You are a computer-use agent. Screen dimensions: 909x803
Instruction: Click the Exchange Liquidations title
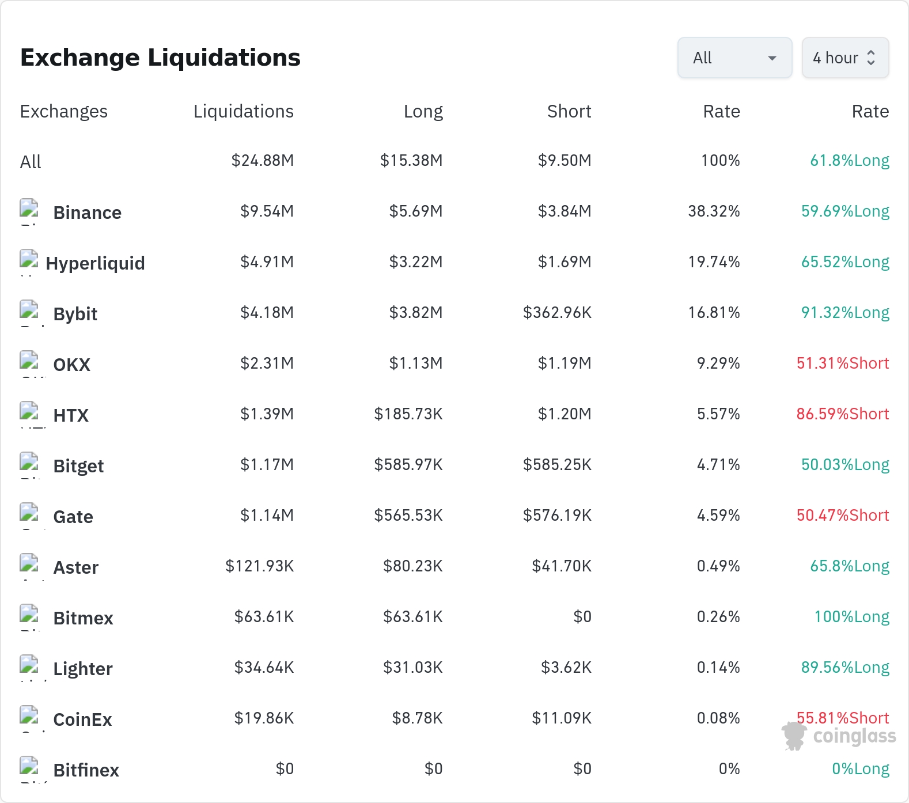(160, 58)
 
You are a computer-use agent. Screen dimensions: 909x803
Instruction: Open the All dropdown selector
(734, 58)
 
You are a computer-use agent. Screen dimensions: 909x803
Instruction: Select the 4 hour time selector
(845, 58)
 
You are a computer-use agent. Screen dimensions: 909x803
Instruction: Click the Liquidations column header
(244, 111)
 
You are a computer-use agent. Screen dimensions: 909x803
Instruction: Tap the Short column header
(569, 111)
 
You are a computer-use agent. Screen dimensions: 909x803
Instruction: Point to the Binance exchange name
(88, 213)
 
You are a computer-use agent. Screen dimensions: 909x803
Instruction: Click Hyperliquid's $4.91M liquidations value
(267, 262)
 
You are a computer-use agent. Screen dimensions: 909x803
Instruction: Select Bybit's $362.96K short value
(557, 313)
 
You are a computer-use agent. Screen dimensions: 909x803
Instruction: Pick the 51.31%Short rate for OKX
(843, 363)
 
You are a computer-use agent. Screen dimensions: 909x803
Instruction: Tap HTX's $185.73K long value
(408, 414)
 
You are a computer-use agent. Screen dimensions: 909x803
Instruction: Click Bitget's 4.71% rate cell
(718, 465)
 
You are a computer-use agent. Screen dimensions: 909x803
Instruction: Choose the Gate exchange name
(73, 517)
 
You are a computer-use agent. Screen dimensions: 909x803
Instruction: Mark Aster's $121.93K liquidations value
(260, 566)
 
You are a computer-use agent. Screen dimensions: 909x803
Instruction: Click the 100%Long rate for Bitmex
(852, 617)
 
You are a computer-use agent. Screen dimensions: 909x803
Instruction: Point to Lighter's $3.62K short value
(566, 668)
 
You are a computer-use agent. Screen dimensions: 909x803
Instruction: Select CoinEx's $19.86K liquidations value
(264, 718)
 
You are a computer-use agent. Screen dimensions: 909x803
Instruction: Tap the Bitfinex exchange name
(86, 770)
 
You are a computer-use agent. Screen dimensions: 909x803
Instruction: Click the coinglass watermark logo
(839, 736)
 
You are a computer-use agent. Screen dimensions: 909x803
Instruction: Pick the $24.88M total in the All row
(263, 161)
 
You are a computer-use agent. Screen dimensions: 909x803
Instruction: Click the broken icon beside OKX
(29, 360)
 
